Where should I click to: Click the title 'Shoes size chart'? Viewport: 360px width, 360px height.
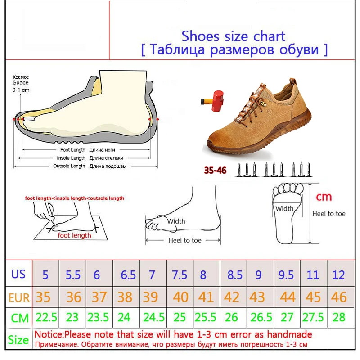(233, 36)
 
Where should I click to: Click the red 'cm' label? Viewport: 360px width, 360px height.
(324, 196)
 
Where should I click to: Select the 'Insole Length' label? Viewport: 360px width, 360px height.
(71, 158)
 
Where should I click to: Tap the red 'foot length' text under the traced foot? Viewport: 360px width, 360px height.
(74, 235)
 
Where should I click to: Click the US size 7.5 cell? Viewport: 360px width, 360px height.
(180, 274)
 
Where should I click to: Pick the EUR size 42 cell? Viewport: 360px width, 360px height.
(232, 297)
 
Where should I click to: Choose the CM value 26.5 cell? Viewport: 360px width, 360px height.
(259, 318)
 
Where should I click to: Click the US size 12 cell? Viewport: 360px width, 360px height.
(339, 274)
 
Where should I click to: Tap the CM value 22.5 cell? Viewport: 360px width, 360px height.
(46, 318)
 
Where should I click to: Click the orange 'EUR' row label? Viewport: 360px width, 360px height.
(18, 297)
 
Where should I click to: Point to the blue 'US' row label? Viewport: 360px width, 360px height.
(18, 274)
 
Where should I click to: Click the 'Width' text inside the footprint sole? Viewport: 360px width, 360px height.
(284, 208)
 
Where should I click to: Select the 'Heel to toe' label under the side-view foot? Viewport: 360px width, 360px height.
(185, 240)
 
